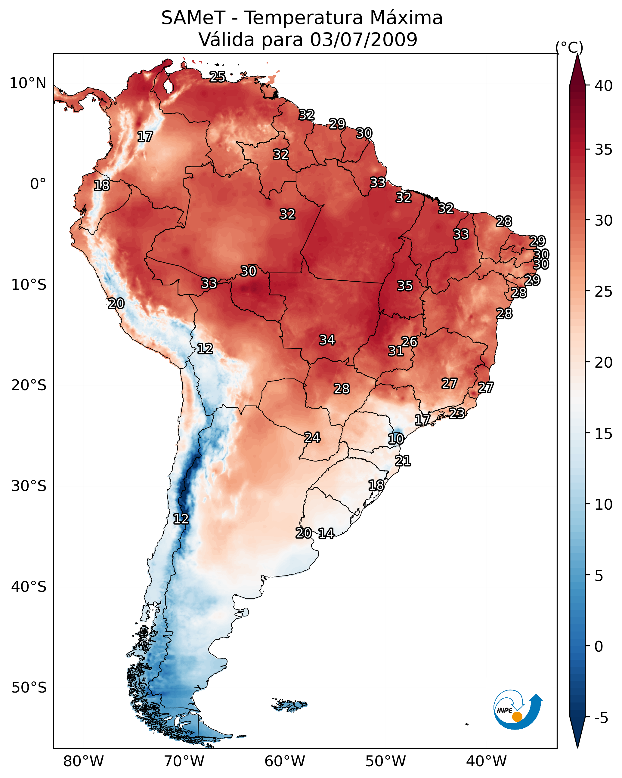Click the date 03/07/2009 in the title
(364, 39)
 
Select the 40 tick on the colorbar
(604, 86)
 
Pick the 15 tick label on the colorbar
(604, 434)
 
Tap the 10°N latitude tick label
(28, 83)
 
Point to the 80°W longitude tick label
(83, 758)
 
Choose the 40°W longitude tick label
(486, 758)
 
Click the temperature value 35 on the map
(405, 286)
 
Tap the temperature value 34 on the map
(327, 340)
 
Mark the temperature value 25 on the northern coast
(218, 77)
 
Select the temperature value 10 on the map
(396, 439)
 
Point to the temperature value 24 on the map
(312, 438)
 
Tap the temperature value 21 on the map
(403, 461)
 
